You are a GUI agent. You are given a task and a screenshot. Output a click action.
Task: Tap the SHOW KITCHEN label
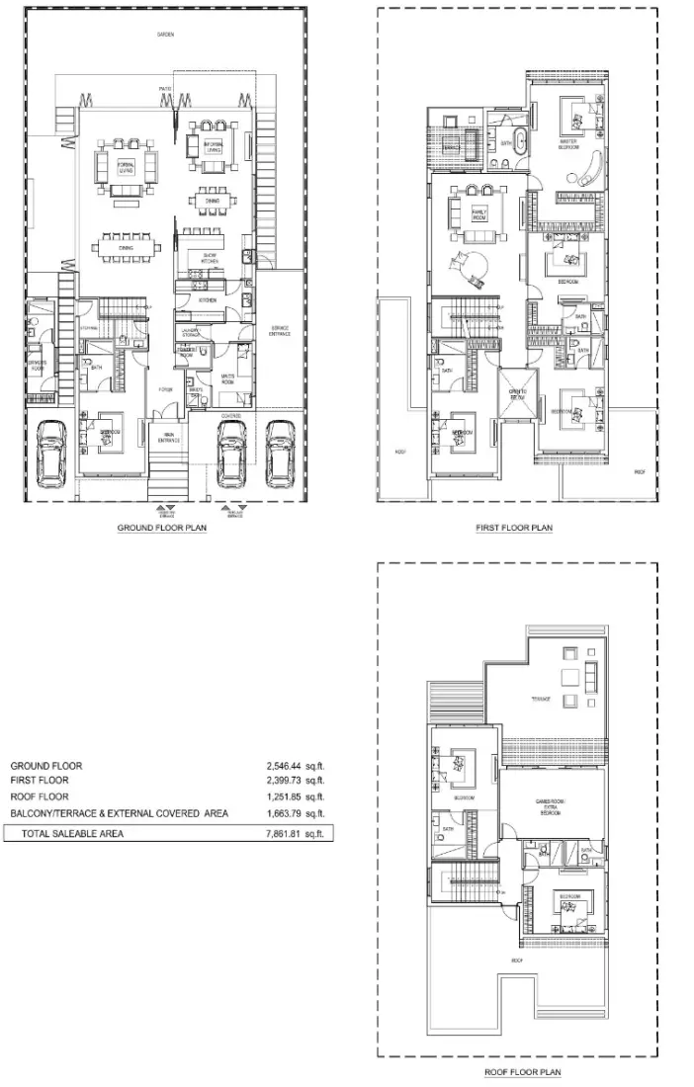209,257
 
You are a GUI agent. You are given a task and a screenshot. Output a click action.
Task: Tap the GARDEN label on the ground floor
165,35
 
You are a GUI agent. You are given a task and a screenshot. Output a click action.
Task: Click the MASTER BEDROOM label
568,144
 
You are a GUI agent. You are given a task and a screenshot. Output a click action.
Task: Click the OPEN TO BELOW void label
517,391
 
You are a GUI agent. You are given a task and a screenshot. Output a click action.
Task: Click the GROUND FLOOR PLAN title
162,529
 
